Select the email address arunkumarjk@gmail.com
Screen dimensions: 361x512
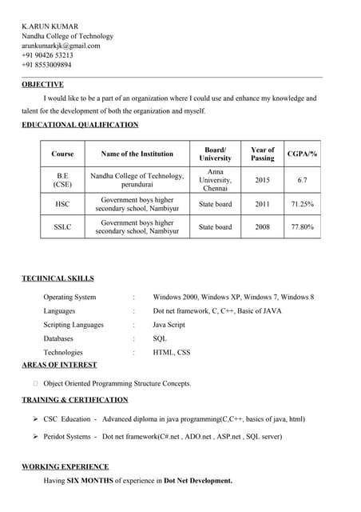pos(61,46)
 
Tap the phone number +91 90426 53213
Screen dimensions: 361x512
pos(47,55)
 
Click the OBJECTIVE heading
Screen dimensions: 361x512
pos(42,84)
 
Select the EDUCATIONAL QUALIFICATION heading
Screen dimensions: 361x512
pos(80,125)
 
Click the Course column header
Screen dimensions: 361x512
pos(62,154)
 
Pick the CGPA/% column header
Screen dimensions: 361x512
pos(302,154)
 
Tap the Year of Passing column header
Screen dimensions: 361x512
pos(262,154)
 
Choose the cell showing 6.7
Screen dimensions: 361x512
pos(302,180)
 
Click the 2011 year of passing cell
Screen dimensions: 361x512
pos(262,204)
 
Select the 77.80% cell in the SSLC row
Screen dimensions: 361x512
pos(302,227)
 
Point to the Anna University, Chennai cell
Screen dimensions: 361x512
pos(215,180)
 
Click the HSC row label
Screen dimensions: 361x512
pos(62,204)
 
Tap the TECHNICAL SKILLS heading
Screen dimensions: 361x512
pos(58,278)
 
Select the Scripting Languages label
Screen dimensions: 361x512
pos(73,325)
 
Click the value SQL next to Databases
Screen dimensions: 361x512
pos(160,338)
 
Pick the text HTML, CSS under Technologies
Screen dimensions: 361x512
pos(172,352)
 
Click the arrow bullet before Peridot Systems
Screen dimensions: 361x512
pos(36,437)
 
